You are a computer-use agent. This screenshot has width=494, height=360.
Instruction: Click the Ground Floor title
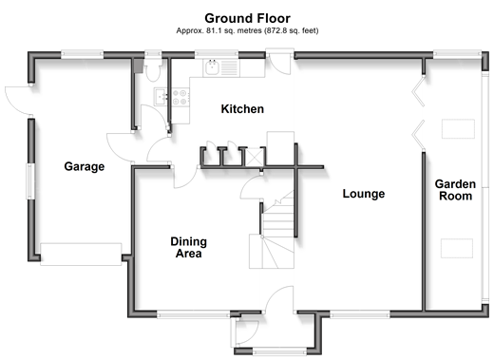pos(247,18)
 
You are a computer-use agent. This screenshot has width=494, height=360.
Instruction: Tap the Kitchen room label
pos(242,109)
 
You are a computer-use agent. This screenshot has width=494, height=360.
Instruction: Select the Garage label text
pos(85,166)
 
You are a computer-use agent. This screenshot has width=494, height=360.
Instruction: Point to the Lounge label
pos(364,194)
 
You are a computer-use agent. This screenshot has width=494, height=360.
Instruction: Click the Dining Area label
pos(189,248)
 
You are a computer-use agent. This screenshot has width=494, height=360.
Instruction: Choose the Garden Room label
pos(455,190)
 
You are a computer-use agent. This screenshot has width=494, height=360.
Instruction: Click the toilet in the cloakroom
pos(153,70)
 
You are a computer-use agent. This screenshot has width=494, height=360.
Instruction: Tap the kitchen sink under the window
pos(212,67)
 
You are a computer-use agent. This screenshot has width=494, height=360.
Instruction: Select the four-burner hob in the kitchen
pos(180,97)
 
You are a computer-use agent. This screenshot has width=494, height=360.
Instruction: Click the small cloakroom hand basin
pos(161,97)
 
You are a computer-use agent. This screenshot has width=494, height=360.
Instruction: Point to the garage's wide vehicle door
pos(81,254)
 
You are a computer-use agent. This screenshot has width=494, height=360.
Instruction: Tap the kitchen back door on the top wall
pos(280,64)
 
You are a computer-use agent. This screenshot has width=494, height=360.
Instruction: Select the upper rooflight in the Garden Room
pos(458,128)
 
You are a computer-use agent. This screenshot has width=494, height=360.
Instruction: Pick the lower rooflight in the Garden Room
pos(457,248)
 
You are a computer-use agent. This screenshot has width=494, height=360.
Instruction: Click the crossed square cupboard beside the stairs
pos(255,157)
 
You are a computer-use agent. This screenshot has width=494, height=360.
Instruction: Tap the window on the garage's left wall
pos(30,181)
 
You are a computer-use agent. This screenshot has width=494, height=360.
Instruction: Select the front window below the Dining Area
pos(194,314)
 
